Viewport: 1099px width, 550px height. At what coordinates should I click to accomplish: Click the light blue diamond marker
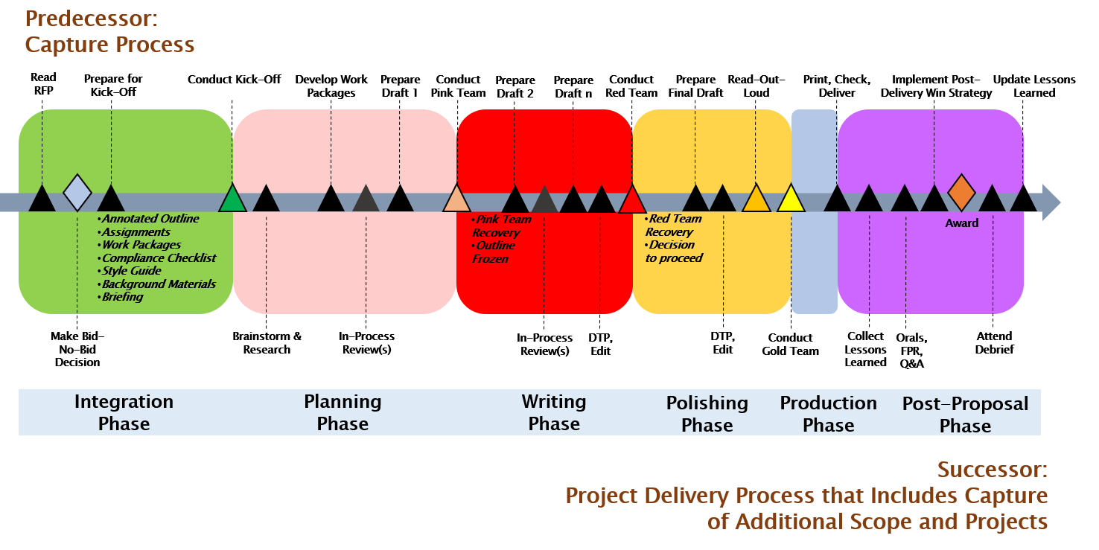point(77,193)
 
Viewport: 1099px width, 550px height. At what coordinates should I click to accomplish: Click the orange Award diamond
point(961,193)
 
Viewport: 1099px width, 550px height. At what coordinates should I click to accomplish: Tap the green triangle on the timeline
point(233,199)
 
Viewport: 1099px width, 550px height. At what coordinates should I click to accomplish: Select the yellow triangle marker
point(791,199)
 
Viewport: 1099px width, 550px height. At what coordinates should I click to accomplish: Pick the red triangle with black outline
point(633,200)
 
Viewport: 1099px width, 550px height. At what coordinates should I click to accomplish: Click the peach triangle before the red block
point(456,199)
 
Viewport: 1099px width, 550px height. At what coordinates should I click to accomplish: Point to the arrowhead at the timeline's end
point(1051,202)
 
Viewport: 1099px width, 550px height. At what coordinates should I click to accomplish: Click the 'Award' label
point(961,223)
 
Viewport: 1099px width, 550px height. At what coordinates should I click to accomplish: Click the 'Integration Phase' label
point(124,412)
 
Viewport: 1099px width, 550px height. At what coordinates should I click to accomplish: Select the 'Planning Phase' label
point(343,412)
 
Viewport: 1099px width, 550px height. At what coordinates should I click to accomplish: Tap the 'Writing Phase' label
point(553,412)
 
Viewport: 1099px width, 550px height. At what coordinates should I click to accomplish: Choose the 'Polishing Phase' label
point(707,414)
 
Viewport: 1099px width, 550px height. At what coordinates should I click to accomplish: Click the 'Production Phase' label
point(828,414)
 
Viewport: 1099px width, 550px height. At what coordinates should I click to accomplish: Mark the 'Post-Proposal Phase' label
point(965,415)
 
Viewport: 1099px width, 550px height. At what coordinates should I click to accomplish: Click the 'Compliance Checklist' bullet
point(159,258)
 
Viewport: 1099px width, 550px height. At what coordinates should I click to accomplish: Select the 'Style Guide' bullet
point(131,271)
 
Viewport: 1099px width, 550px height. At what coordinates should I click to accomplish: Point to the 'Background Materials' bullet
point(159,284)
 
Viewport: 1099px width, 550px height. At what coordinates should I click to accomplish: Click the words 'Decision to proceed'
point(673,252)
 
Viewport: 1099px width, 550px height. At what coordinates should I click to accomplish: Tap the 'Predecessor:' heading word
point(91,19)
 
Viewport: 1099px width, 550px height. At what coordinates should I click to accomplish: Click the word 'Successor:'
point(992,470)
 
